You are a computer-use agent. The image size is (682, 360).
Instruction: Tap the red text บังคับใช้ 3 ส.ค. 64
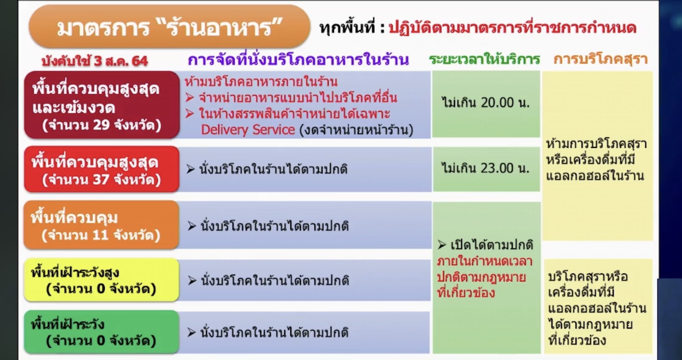pyautogui.click(x=94, y=61)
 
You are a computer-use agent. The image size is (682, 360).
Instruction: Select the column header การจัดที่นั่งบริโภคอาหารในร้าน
pyautogui.click(x=298, y=60)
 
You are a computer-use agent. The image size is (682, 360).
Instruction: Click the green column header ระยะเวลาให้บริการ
pyautogui.click(x=484, y=59)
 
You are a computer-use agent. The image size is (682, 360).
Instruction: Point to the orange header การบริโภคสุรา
pyautogui.click(x=600, y=59)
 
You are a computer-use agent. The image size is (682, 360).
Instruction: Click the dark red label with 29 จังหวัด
pyautogui.click(x=102, y=105)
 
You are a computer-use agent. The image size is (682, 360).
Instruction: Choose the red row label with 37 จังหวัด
pyautogui.click(x=102, y=169)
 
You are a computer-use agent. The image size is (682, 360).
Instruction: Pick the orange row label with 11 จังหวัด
pyautogui.click(x=101, y=225)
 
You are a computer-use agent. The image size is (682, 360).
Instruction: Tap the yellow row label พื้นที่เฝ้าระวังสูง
pyautogui.click(x=101, y=280)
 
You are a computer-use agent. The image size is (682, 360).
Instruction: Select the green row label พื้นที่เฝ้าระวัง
pyautogui.click(x=101, y=332)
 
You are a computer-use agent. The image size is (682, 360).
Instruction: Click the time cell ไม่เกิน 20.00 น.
pyautogui.click(x=486, y=103)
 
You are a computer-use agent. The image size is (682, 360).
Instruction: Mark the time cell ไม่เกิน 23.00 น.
pyautogui.click(x=486, y=168)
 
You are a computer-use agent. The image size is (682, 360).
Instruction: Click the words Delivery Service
pyautogui.click(x=248, y=130)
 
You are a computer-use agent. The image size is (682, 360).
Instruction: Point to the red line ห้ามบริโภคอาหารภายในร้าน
pyautogui.click(x=261, y=82)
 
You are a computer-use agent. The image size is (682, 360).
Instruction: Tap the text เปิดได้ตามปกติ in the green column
pyautogui.click(x=486, y=245)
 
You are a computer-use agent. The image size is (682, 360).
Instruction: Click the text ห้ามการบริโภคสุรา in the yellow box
pyautogui.click(x=596, y=144)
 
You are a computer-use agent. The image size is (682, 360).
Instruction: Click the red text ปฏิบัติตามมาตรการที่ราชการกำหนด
pyautogui.click(x=512, y=28)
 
